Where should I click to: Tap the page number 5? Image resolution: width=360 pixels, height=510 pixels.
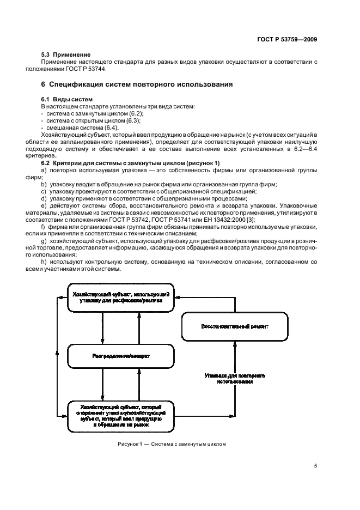click(x=316, y=466)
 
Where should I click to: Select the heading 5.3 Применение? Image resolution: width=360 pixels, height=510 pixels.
click(x=66, y=55)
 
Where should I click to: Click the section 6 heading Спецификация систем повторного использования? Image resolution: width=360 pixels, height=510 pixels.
click(x=138, y=84)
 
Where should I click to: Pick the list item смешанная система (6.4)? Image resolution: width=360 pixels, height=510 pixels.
click(x=80, y=126)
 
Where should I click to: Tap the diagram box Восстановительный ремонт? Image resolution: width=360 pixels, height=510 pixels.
click(x=234, y=326)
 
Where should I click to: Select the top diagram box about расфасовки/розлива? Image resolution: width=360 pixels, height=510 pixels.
click(x=120, y=297)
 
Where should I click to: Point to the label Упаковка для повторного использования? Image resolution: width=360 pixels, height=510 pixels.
click(x=234, y=379)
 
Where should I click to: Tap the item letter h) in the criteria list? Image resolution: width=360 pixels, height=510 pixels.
click(x=44, y=262)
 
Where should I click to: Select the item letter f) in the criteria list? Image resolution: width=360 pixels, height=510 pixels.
click(x=44, y=226)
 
